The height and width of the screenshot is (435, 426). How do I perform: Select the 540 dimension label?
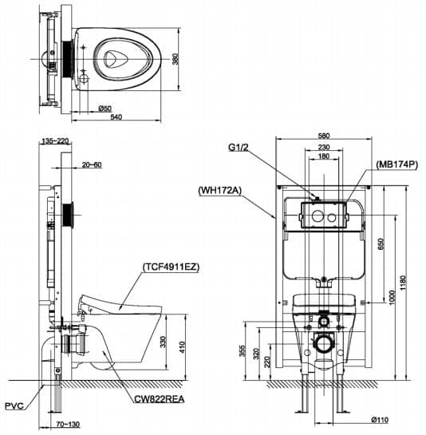115,117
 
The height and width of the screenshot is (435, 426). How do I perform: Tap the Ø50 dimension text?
104,106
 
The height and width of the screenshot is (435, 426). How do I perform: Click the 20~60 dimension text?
92,165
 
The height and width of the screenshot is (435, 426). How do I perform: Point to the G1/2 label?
240,147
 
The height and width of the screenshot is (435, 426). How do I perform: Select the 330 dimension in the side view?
164,342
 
